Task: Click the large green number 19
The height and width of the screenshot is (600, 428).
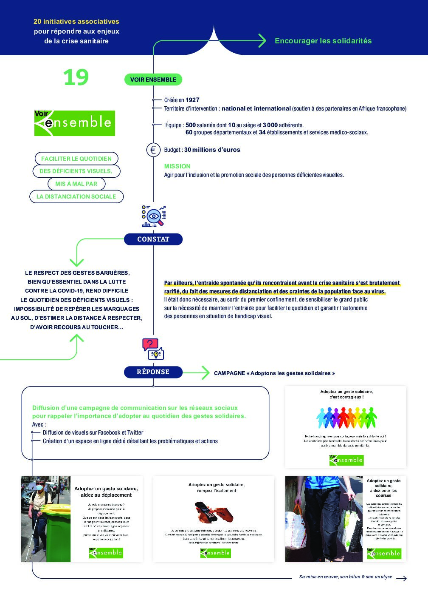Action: (76, 77)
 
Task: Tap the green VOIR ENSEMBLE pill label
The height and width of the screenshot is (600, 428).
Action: (153, 80)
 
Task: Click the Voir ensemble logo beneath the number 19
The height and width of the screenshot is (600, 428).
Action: (75, 123)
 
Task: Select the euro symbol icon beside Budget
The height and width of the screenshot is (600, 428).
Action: (153, 150)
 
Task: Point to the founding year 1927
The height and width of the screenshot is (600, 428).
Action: (192, 100)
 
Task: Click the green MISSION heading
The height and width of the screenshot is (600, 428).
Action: (177, 166)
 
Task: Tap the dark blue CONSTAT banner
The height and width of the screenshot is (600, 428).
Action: (153, 239)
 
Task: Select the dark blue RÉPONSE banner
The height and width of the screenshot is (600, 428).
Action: (153, 372)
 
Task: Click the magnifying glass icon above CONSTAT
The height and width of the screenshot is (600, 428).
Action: (154, 216)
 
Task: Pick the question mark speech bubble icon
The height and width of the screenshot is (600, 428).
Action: (150, 344)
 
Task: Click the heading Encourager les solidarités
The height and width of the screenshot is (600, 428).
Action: (323, 41)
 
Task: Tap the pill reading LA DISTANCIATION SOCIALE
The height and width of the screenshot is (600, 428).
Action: (76, 196)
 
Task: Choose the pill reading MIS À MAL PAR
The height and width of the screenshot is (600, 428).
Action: (76, 184)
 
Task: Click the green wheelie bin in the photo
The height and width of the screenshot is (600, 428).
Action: (58, 529)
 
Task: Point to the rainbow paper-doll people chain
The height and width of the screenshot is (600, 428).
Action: (346, 418)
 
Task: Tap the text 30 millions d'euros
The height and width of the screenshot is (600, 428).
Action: (212, 150)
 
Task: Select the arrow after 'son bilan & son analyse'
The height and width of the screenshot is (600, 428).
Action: (401, 578)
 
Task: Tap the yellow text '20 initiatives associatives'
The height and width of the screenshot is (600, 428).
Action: (76, 21)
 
